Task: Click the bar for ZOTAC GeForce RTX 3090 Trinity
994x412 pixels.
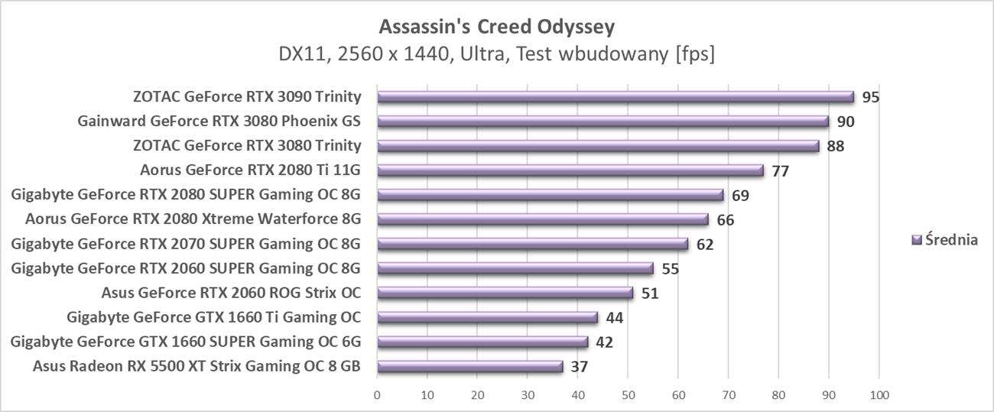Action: [x=616, y=97]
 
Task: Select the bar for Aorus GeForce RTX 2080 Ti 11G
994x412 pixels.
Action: [x=570, y=170]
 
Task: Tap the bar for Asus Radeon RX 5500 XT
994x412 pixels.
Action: [x=470, y=366]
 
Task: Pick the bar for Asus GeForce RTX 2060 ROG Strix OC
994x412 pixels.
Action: [x=505, y=293]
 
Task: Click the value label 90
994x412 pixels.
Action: [x=845, y=122]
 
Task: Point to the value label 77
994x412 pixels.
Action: [x=780, y=170]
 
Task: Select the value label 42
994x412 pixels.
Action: [x=604, y=342]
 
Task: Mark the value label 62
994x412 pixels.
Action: [x=705, y=244]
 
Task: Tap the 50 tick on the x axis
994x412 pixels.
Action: [x=628, y=395]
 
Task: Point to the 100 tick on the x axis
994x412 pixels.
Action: [x=879, y=395]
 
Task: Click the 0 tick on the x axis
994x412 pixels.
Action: [x=377, y=395]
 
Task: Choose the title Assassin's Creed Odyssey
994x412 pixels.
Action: [x=497, y=28]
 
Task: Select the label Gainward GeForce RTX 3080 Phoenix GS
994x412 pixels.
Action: [x=219, y=122]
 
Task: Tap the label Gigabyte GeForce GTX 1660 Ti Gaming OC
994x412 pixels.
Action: [x=214, y=317]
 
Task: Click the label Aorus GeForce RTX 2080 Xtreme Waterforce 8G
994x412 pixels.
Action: [x=193, y=219]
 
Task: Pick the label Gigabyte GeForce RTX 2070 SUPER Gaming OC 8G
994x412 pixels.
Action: [x=186, y=244]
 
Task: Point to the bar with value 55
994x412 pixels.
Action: [x=515, y=268]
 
